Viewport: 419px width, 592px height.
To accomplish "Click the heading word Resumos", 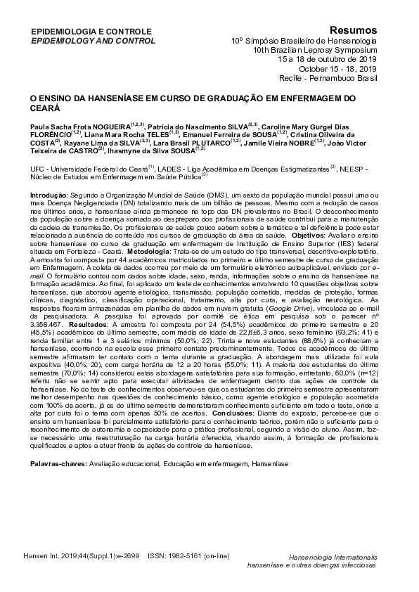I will (354, 30).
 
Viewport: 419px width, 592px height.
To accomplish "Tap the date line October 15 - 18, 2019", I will (337, 70).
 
